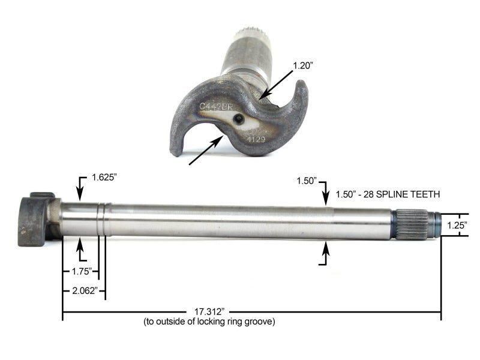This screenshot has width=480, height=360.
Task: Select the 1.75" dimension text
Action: click(77, 271)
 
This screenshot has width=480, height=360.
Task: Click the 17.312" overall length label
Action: click(209, 312)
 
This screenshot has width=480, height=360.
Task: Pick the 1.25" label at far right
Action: click(457, 224)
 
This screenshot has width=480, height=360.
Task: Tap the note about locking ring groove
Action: click(209, 322)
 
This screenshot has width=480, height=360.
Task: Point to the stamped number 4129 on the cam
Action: click(251, 137)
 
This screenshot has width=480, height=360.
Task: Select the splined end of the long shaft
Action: click(410, 224)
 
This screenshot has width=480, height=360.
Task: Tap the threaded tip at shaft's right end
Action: click(434, 224)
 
